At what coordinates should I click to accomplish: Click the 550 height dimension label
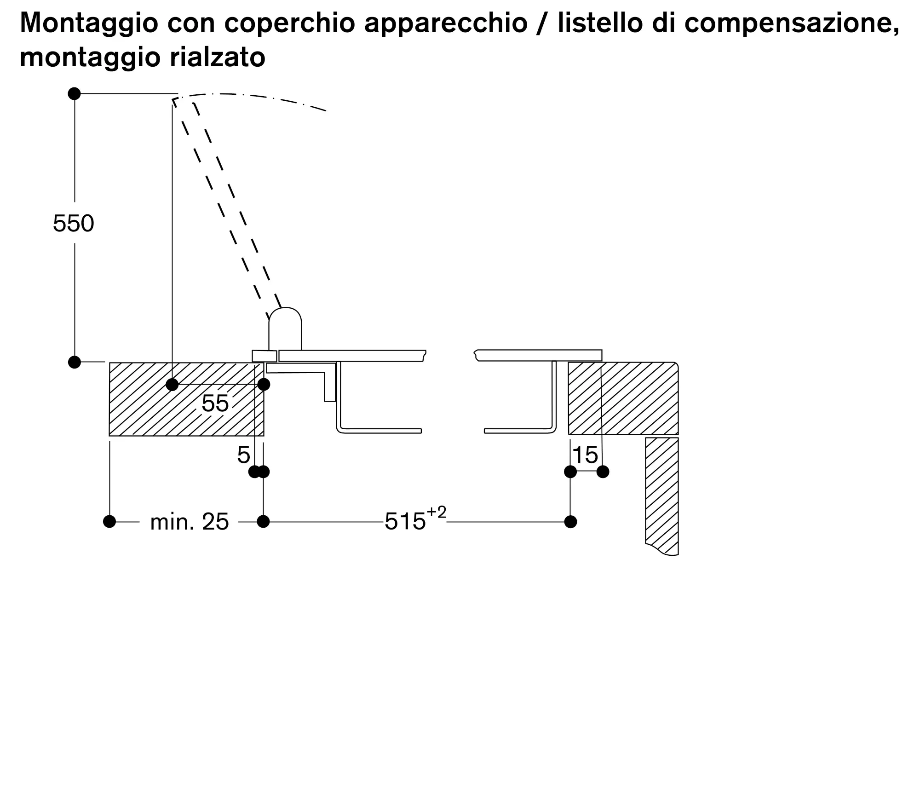pyautogui.click(x=74, y=224)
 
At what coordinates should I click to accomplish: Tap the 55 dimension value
pyautogui.click(x=215, y=403)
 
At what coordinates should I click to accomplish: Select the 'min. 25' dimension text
pyautogui.click(x=190, y=522)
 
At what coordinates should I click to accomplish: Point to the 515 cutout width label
pyautogui.click(x=405, y=522)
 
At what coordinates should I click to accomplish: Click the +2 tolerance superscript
pyautogui.click(x=437, y=513)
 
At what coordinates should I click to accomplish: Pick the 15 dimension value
pyautogui.click(x=586, y=455)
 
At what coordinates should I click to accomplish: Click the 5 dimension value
pyautogui.click(x=243, y=455)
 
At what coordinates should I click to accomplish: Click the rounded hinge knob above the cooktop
pyautogui.click(x=285, y=329)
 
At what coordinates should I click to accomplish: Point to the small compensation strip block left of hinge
pyautogui.click(x=264, y=356)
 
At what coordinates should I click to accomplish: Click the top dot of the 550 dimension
pyautogui.click(x=74, y=94)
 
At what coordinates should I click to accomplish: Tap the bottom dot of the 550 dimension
pyautogui.click(x=74, y=362)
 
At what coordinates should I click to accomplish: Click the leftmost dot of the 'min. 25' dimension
pyautogui.click(x=109, y=522)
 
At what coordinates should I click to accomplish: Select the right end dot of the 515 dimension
pyautogui.click(x=570, y=522)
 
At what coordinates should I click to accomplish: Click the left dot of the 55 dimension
pyautogui.click(x=172, y=385)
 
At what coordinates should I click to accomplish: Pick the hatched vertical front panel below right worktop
pyautogui.click(x=662, y=496)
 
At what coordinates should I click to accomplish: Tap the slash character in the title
pyautogui.click(x=543, y=23)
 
